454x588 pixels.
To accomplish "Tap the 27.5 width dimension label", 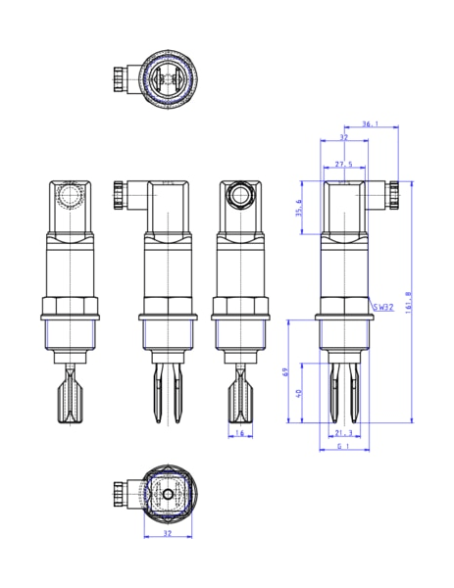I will pos(343,164).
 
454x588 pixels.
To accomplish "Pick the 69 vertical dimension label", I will pos(286,373).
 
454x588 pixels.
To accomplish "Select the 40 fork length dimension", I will pos(300,393).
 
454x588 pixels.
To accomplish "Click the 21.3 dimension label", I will pos(343,433).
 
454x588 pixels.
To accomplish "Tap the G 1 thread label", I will pos(343,447).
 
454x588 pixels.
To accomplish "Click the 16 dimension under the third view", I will pos(239,433).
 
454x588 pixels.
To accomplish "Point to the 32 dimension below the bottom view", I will pos(167,535).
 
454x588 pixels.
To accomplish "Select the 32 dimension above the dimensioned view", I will pos(343,138).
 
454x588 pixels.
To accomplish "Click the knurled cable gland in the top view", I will pos(123,76).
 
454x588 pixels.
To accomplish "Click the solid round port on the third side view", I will pos(239,196).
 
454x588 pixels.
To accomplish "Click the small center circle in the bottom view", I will pos(167,496).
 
